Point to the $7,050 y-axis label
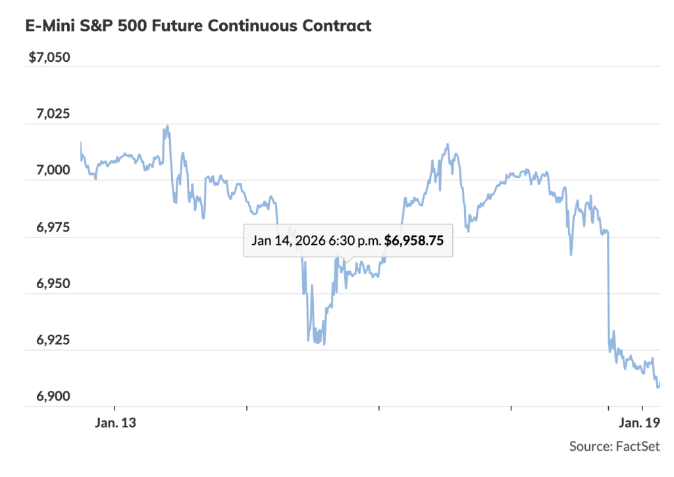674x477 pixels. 49,57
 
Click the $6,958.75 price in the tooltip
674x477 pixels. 414,241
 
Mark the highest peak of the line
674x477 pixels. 167,126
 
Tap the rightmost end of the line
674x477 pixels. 659,385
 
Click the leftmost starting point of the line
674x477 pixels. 81,143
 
